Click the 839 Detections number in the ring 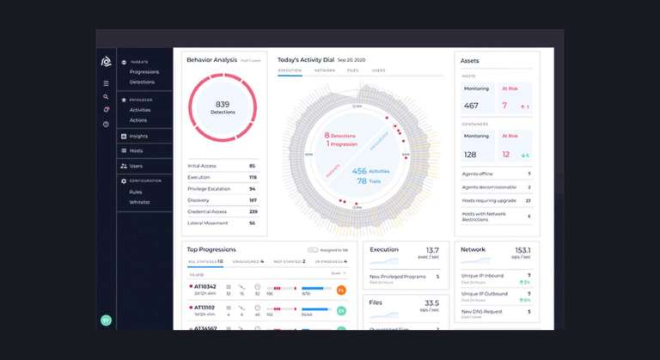pyautogui.click(x=223, y=103)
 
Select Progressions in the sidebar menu pyautogui.click(x=144, y=71)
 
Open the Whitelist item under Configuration pyautogui.click(x=140, y=202)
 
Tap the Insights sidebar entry pyautogui.click(x=138, y=137)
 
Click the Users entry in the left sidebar pyautogui.click(x=136, y=166)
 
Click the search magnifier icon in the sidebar pyautogui.click(x=106, y=97)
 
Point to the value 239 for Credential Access pyautogui.click(x=253, y=211)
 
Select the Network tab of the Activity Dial pyautogui.click(x=325, y=70)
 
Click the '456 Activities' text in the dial pyautogui.click(x=371, y=171)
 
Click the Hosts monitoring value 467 pyautogui.click(x=471, y=106)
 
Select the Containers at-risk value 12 pyautogui.click(x=506, y=155)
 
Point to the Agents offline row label pyautogui.click(x=477, y=174)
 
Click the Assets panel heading pyautogui.click(x=470, y=61)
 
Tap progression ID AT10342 pyautogui.click(x=205, y=285)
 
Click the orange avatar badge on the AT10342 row pyautogui.click(x=341, y=290)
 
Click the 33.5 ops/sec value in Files pyautogui.click(x=431, y=302)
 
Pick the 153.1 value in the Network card pyautogui.click(x=522, y=250)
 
